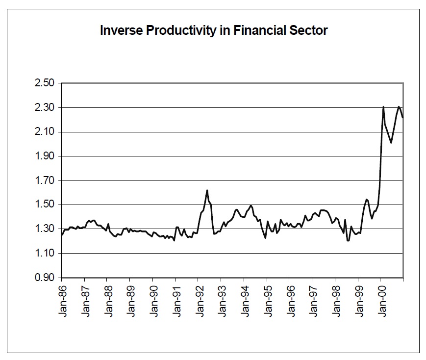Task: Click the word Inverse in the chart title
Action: click(121, 30)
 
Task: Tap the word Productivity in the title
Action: click(181, 31)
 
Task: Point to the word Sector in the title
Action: click(308, 30)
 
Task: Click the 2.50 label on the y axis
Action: click(45, 83)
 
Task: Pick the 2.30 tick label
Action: click(45, 107)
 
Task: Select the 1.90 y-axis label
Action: click(45, 156)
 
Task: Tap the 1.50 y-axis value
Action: click(45, 205)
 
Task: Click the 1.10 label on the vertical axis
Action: click(45, 253)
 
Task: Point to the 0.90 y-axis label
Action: click(45, 277)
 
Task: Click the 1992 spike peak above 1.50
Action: click(207, 190)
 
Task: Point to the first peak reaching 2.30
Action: click(383, 106)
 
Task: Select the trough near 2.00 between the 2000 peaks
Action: click(391, 143)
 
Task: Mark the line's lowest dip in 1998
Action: click(348, 241)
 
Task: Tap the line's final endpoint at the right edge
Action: click(402, 117)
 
